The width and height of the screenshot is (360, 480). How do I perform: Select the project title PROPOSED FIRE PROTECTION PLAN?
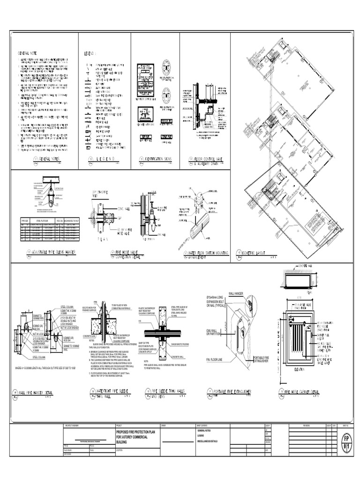point(136,432)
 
